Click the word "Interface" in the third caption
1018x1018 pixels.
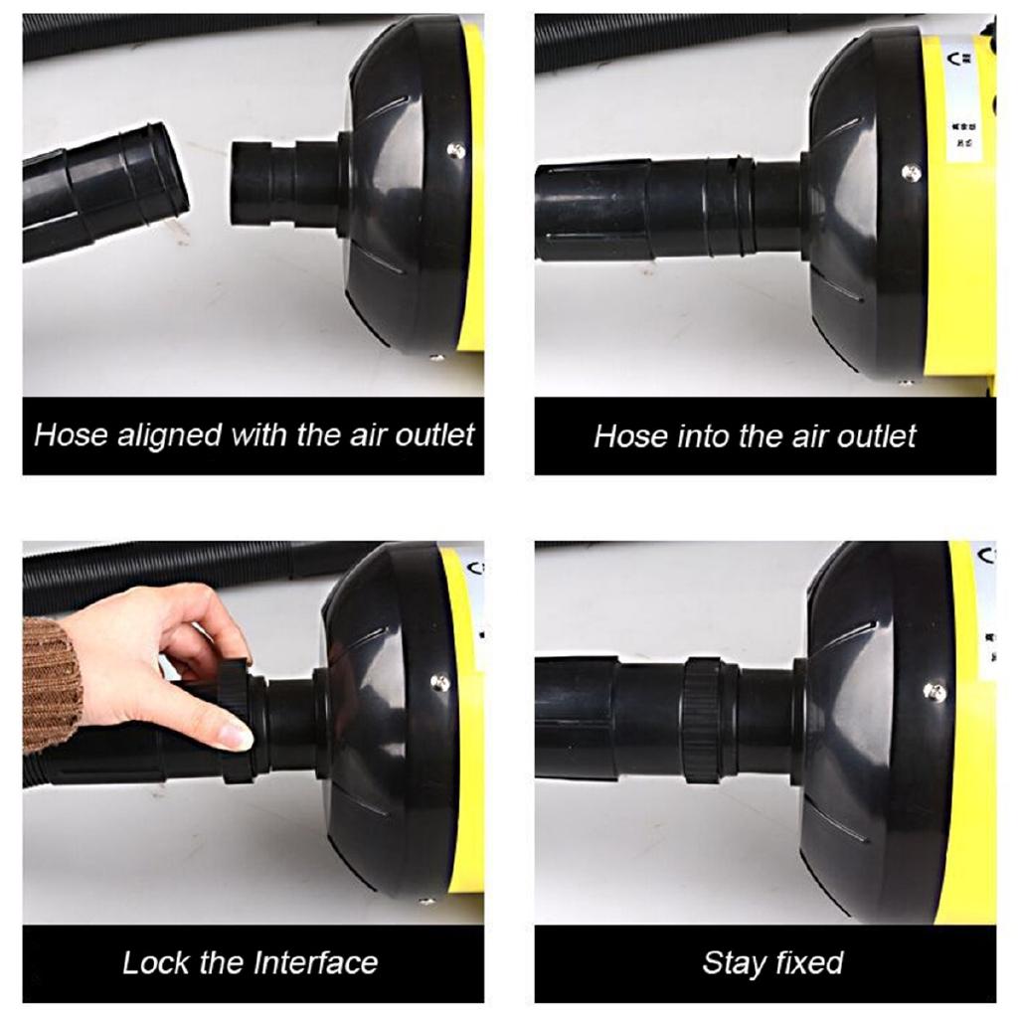(x=315, y=962)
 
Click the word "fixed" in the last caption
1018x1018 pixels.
(x=806, y=962)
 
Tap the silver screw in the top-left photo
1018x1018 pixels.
(x=454, y=150)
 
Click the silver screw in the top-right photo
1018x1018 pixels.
(x=910, y=173)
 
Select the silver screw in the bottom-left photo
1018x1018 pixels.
(x=439, y=683)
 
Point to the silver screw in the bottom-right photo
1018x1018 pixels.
(x=933, y=691)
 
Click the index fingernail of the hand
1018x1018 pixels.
(x=236, y=737)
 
